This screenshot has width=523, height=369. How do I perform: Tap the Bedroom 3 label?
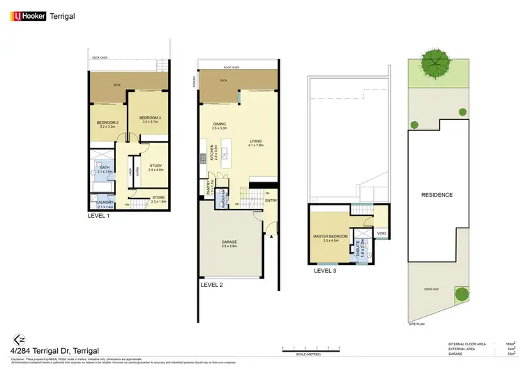tap(150, 118)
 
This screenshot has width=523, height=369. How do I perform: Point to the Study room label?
tap(155, 166)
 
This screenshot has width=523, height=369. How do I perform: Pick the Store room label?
tap(159, 198)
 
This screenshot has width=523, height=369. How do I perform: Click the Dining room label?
tap(220, 126)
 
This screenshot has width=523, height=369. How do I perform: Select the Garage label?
tap(229, 243)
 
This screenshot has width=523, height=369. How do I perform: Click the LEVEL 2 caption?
tap(211, 284)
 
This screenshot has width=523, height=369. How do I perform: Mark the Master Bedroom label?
tap(331, 239)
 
